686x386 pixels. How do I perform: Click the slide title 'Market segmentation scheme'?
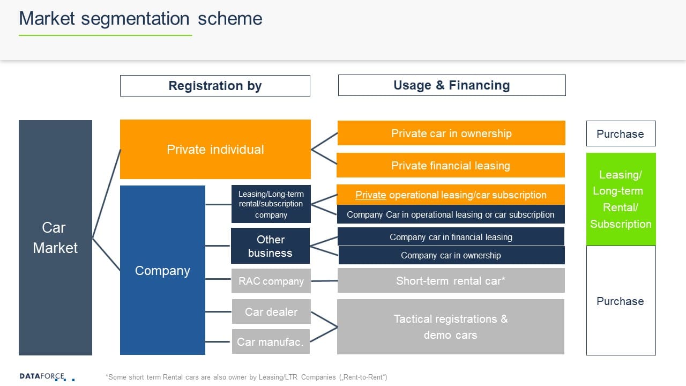pyautogui.click(x=140, y=19)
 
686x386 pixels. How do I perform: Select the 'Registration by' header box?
pyautogui.click(x=215, y=86)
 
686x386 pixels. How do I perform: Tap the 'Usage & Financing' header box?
pyautogui.click(x=451, y=85)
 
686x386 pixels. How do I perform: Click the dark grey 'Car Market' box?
pyautogui.click(x=55, y=237)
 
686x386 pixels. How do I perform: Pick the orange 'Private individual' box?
pyautogui.click(x=215, y=149)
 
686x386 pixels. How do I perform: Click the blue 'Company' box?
pyautogui.click(x=162, y=270)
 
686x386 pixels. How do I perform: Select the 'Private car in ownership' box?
pyautogui.click(x=451, y=133)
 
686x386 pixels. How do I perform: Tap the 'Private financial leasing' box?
pyautogui.click(x=450, y=165)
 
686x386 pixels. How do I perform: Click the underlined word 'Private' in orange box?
pyautogui.click(x=371, y=195)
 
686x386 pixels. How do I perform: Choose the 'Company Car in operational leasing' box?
pyautogui.click(x=450, y=214)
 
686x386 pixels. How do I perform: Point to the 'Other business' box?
pyautogui.click(x=270, y=246)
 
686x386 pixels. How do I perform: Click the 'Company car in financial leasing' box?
pyautogui.click(x=451, y=237)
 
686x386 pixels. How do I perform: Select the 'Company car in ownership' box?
pyautogui.click(x=451, y=255)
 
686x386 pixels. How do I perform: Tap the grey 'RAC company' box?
pyautogui.click(x=271, y=281)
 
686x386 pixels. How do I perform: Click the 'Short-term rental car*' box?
pyautogui.click(x=451, y=280)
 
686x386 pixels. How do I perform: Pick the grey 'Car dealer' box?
pyautogui.click(x=271, y=311)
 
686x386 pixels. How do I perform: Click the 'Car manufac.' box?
pyautogui.click(x=271, y=342)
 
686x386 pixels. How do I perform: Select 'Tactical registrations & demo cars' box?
pyautogui.click(x=451, y=326)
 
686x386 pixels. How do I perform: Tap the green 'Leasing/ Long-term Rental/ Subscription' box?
pyautogui.click(x=621, y=199)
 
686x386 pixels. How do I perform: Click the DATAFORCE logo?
pyautogui.click(x=42, y=376)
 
